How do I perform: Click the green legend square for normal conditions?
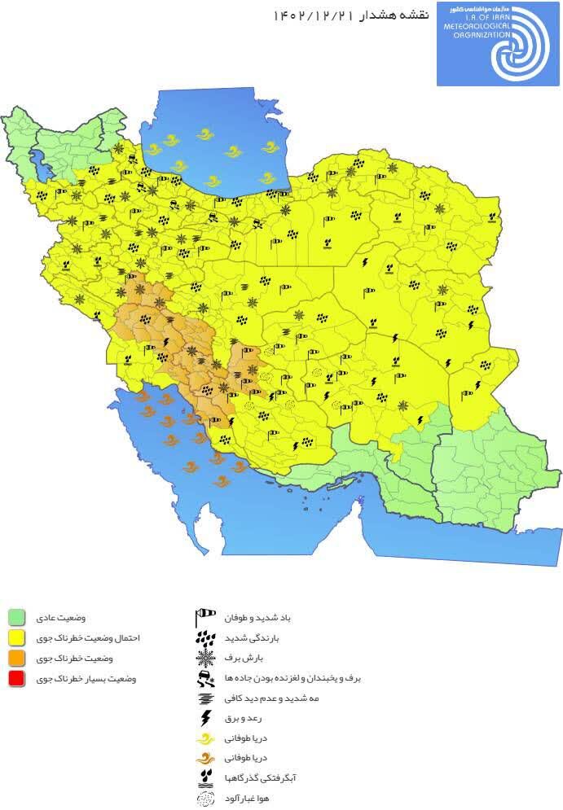[17, 615]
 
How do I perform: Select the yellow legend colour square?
[17, 637]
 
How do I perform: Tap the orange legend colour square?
[17, 657]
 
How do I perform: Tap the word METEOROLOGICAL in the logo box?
[476, 25]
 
